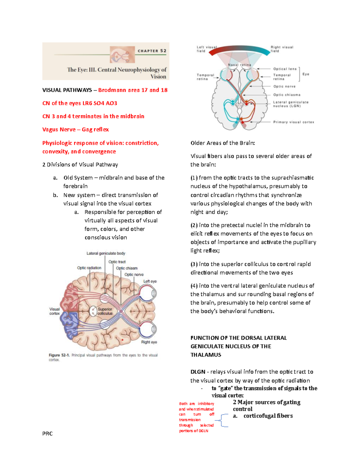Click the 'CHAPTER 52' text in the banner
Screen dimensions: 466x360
coord(152,51)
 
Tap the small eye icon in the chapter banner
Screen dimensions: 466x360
coord(122,55)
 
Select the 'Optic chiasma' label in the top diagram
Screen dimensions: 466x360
coord(286,95)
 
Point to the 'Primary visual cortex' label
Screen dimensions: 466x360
coord(293,122)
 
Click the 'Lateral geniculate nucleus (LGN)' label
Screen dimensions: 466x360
coord(290,104)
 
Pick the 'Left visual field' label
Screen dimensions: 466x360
coord(206,49)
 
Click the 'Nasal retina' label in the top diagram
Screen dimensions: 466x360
coord(239,65)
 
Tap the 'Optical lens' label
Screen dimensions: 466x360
coord(285,69)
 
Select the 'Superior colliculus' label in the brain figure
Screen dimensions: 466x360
coord(105,311)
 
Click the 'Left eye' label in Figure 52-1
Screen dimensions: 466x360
coord(150,281)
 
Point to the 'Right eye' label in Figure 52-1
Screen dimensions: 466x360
coord(149,342)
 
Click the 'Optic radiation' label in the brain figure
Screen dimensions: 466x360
coord(89,268)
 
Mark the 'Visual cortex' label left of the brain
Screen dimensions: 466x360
coord(55,311)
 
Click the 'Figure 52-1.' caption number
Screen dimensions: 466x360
coord(59,355)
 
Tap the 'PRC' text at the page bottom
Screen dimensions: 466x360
coord(47,434)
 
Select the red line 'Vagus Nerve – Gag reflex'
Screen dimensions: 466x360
coord(75,130)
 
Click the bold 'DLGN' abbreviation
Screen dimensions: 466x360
coord(198,372)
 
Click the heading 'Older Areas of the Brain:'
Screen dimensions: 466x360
coord(223,143)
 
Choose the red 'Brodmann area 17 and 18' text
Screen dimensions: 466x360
coord(133,90)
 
